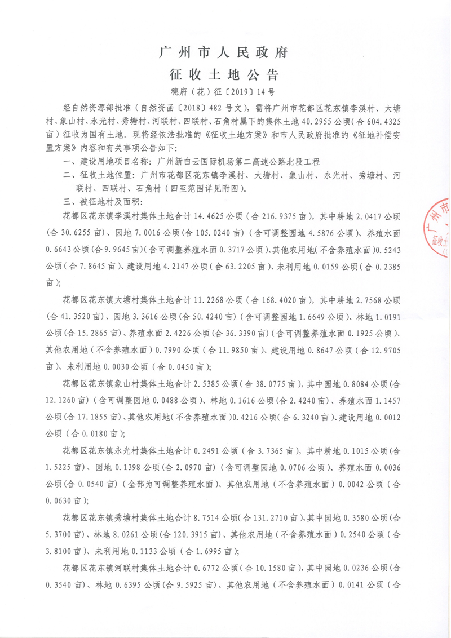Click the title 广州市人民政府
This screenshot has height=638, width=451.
[x=225, y=54]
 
